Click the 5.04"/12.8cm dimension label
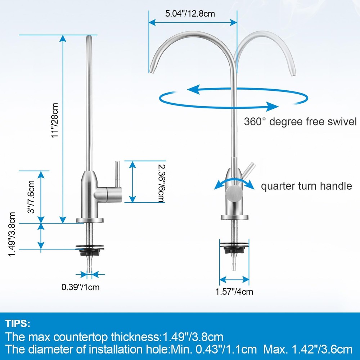pos(190,14)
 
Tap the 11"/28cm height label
pos(55,121)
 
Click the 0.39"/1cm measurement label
pos(80,287)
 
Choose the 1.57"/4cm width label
pos(234,292)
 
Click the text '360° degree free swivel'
pos(300,121)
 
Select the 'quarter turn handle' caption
pos(306,186)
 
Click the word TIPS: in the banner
pos(18,323)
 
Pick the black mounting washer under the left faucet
pos(90,247)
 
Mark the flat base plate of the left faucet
pos(90,220)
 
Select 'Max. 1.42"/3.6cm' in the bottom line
pos(308,349)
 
